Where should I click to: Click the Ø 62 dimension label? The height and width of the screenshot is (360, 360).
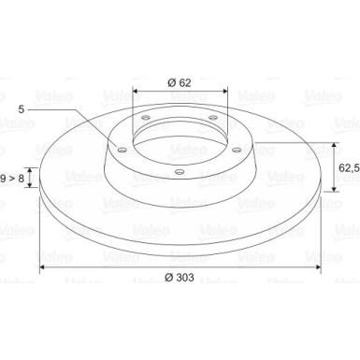click(x=180, y=82)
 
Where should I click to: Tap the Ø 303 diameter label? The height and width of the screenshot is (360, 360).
click(x=180, y=277)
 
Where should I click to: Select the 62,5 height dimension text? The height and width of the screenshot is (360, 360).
click(x=349, y=168)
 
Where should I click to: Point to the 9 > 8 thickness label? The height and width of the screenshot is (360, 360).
click(x=12, y=179)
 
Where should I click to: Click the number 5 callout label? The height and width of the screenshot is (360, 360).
click(x=22, y=109)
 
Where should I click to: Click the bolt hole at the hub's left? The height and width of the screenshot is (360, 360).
click(x=122, y=151)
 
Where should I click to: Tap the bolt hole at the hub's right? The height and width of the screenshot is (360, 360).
click(x=237, y=150)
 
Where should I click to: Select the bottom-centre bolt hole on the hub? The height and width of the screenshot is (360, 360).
click(x=180, y=171)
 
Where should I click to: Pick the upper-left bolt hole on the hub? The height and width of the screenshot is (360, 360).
click(x=146, y=118)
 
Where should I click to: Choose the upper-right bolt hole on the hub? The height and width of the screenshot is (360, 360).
click(x=213, y=118)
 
